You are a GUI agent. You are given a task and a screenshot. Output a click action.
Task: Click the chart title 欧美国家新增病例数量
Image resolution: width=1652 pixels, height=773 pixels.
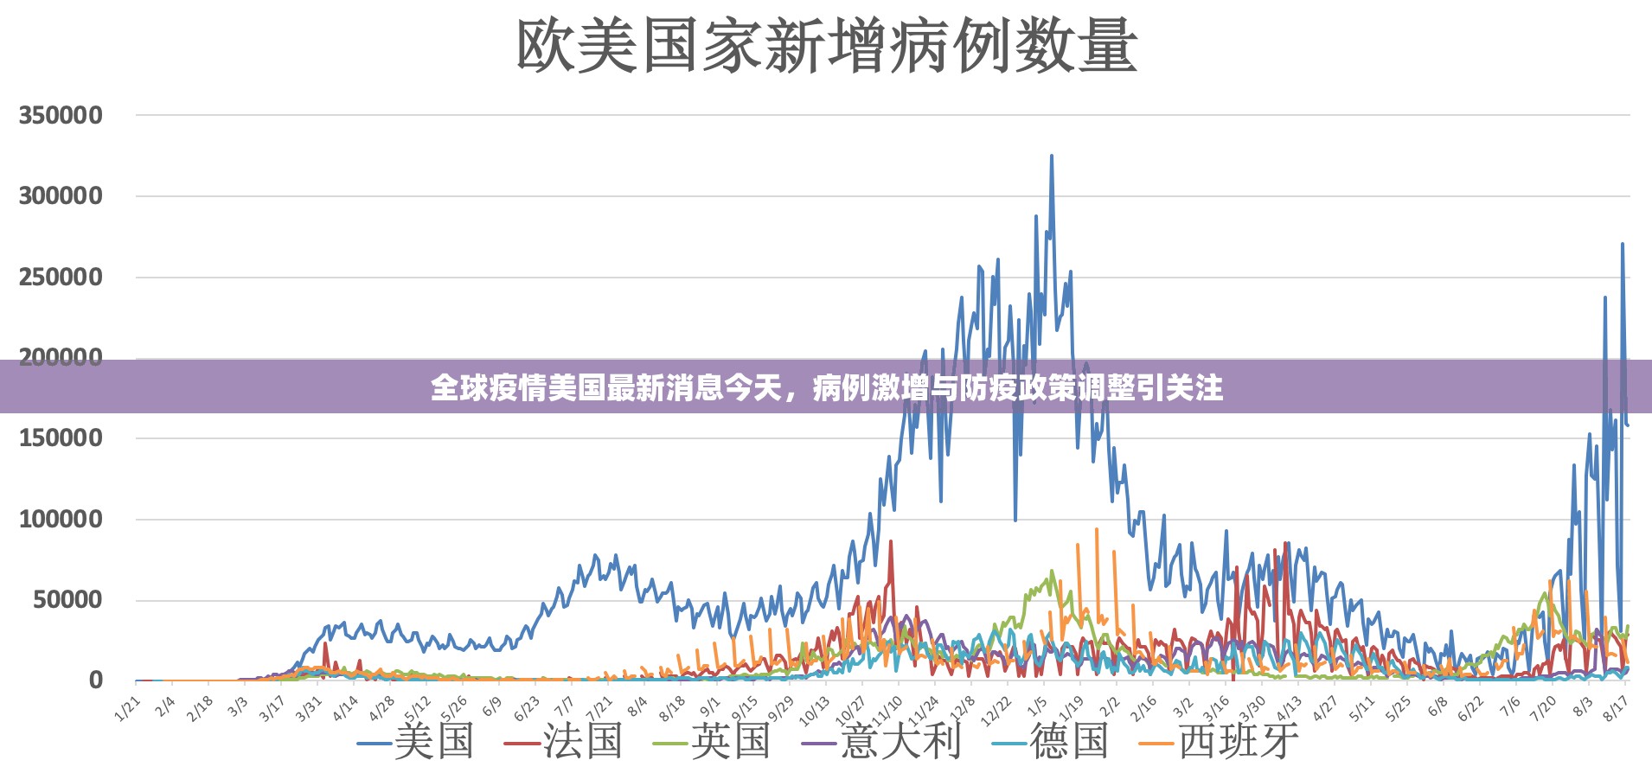coord(826,45)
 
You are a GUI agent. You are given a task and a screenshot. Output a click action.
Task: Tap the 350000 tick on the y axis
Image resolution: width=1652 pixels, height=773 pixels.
coord(61,115)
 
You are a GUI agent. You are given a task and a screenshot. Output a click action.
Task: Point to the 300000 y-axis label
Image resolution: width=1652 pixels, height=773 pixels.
coord(61,196)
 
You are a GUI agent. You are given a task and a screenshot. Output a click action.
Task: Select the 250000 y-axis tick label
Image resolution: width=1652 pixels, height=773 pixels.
coord(61,278)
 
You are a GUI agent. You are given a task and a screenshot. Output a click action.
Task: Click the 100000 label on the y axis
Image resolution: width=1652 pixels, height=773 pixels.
coord(61,520)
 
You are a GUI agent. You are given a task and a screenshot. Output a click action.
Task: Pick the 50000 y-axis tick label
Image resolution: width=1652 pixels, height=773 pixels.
coord(67,600)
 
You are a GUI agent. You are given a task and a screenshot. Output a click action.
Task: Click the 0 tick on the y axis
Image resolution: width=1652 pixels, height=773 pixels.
coord(96,680)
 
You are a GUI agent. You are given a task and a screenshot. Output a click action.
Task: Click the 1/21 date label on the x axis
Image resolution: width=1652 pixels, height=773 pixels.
coord(127,708)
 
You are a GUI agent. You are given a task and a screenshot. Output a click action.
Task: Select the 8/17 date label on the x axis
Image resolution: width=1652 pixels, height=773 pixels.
coord(1616,708)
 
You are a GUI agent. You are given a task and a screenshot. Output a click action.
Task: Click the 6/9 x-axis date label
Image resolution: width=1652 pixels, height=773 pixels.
coord(491,706)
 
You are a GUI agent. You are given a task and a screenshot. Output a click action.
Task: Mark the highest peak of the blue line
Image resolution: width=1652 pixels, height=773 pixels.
coord(1052,157)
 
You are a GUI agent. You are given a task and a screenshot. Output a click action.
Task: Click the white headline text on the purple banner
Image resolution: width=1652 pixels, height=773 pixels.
coord(826,387)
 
